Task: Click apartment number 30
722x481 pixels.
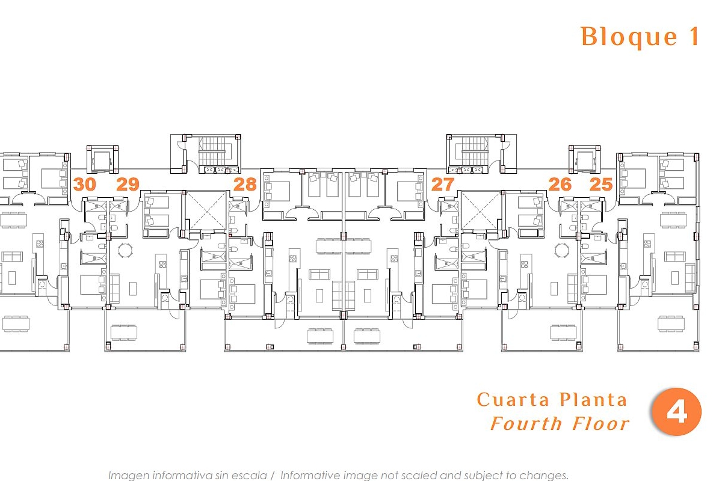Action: coord(84,184)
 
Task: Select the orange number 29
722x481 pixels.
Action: coord(128,184)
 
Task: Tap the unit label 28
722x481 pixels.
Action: coord(245,184)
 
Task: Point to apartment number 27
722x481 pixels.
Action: coord(443,184)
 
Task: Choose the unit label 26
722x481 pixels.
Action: coord(560,184)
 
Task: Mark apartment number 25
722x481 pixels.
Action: coord(601,184)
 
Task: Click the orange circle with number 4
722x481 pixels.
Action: coord(676,412)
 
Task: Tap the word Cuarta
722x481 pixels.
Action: coord(513,400)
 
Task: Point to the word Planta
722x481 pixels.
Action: coord(593,400)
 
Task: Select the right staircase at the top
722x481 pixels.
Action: coord(474,151)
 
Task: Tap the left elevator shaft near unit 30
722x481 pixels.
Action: coord(102,159)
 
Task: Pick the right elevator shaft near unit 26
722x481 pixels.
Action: coord(585,159)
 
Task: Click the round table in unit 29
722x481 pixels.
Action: coord(125,250)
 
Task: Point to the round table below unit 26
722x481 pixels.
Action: coord(562,250)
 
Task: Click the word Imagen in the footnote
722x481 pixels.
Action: coord(128,475)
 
